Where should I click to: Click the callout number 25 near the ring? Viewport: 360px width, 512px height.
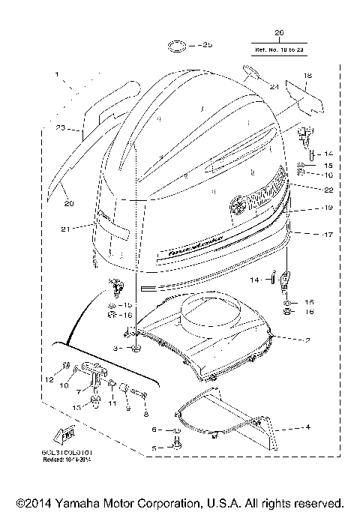[x=207, y=46]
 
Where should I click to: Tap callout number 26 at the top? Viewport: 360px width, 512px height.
[x=280, y=33]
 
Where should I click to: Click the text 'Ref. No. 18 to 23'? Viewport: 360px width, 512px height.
[x=280, y=49]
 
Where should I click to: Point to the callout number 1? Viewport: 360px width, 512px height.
[x=57, y=75]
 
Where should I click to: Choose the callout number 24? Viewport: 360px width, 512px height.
[x=274, y=87]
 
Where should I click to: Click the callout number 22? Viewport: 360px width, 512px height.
[x=307, y=189]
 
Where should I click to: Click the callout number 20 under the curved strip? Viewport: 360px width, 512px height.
[x=68, y=204]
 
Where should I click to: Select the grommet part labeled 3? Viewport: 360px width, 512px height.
[x=136, y=349]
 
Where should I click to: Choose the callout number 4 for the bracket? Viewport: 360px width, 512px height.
[x=306, y=428]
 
